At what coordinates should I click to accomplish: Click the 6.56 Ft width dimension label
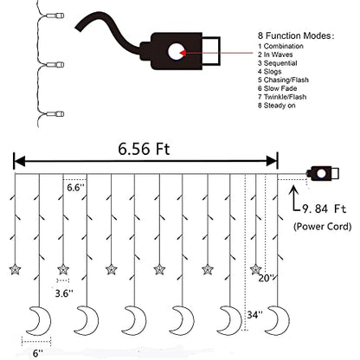144,149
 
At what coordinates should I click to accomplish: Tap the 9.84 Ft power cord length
324,209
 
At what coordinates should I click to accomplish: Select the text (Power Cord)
323,227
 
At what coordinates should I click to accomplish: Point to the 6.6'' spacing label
75,188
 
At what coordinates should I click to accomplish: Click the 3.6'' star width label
64,293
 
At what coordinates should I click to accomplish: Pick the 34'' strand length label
254,314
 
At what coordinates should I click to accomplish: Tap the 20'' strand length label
266,278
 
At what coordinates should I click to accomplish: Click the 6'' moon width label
38,353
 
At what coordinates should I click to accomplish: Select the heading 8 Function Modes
296,35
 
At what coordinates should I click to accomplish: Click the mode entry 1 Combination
280,46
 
